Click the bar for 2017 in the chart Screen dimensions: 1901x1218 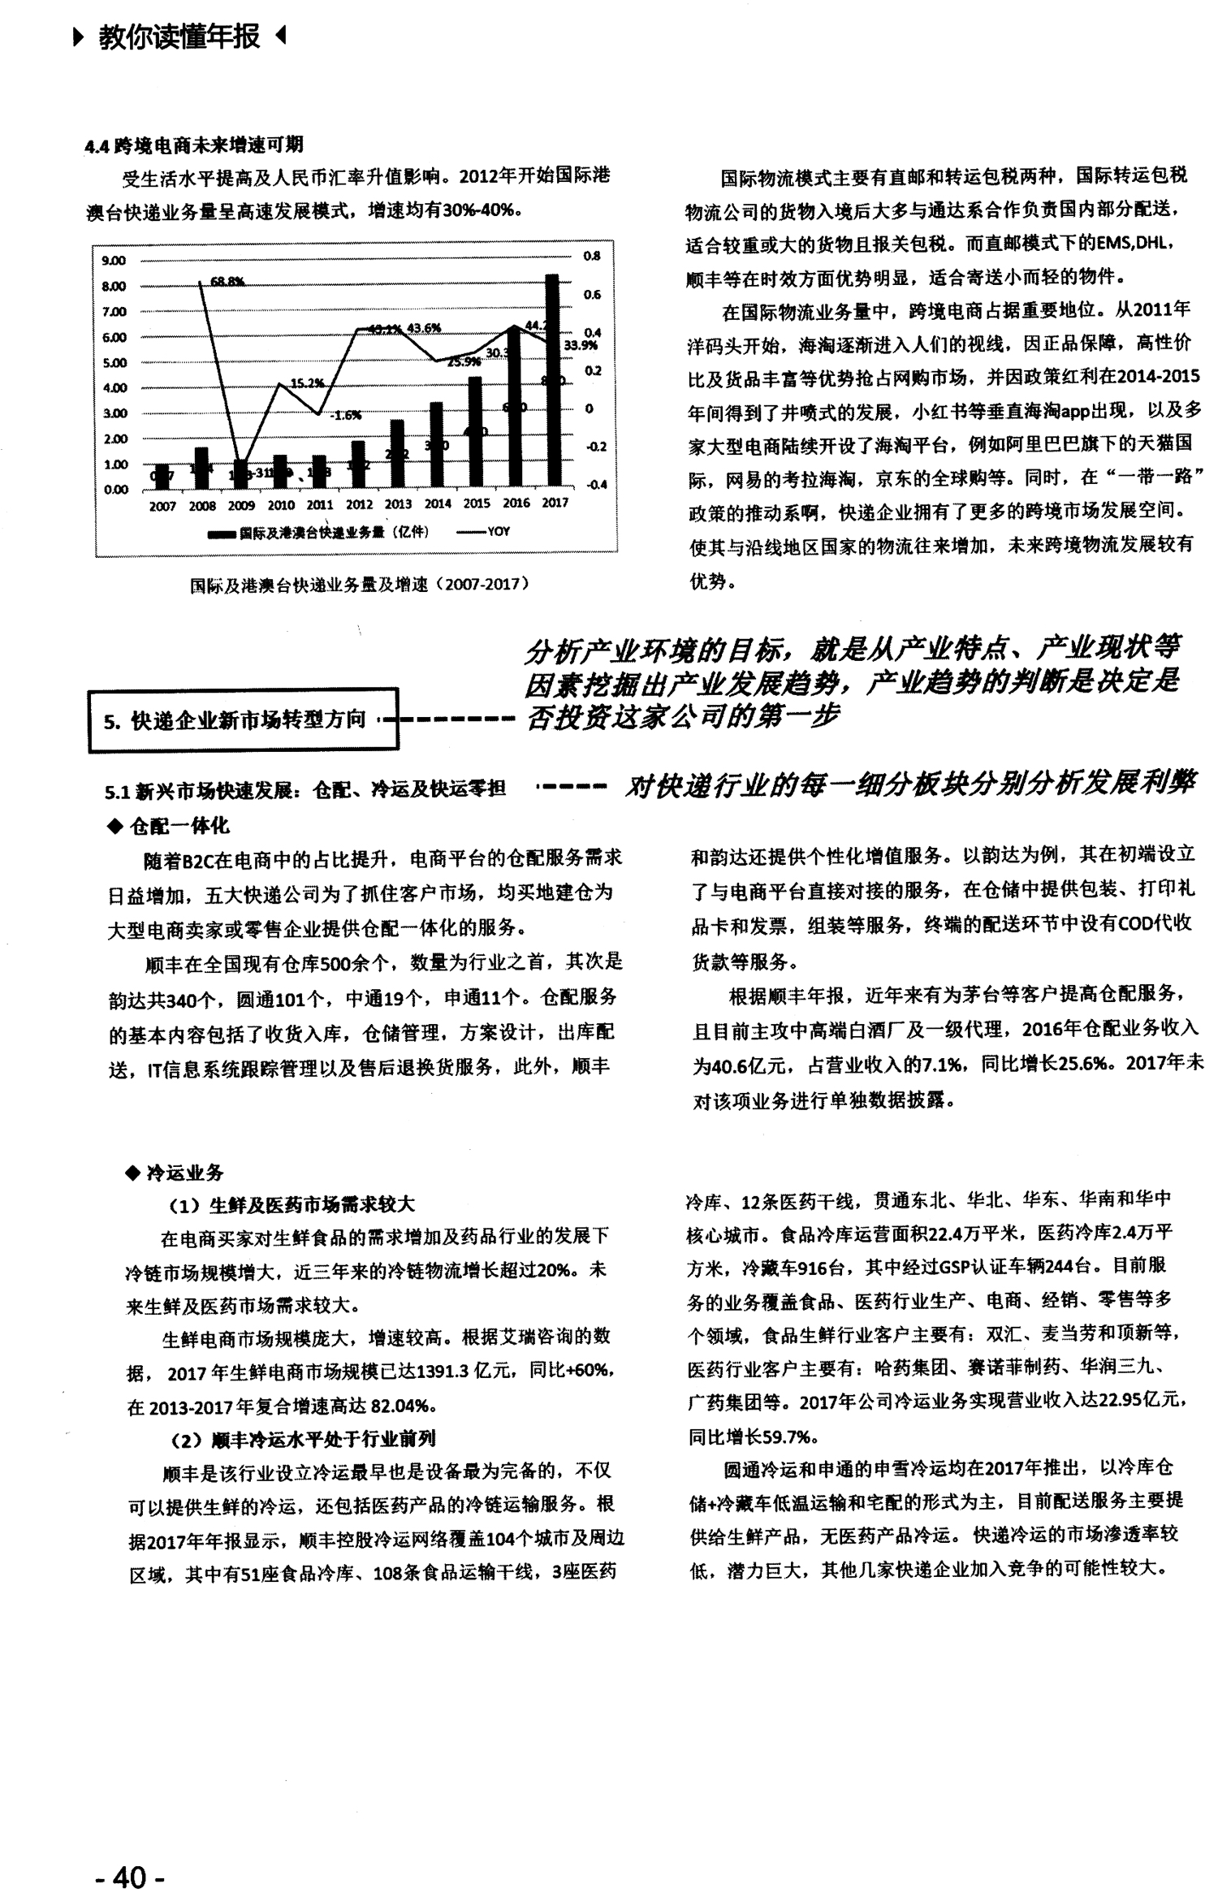click(x=552, y=382)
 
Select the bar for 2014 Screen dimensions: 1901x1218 click(x=436, y=446)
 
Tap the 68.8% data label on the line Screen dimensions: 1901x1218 click(x=227, y=282)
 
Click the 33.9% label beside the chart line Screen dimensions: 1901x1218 click(x=580, y=344)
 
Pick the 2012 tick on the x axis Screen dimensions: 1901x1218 click(x=359, y=504)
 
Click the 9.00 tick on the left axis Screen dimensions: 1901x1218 click(x=114, y=261)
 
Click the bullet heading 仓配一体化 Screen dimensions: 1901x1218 click(x=179, y=826)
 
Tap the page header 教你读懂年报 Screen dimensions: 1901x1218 click(x=179, y=37)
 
